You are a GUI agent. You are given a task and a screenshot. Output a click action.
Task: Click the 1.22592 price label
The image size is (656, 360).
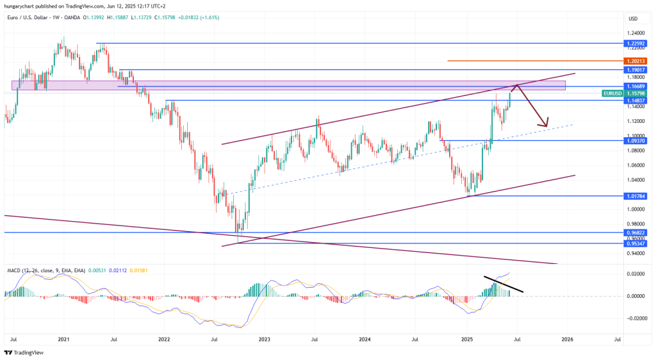pyautogui.click(x=637, y=43)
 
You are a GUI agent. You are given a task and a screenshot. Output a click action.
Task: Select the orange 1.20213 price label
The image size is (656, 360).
pyautogui.click(x=637, y=61)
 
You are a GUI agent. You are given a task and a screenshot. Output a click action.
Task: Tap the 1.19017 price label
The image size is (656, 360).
pyautogui.click(x=637, y=69)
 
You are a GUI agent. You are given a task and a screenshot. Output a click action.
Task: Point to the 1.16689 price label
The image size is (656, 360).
pyautogui.click(x=637, y=85)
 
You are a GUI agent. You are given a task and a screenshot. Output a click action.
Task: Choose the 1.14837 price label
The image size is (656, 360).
pyautogui.click(x=637, y=101)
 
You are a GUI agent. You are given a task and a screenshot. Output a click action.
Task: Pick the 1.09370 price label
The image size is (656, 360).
pyautogui.click(x=637, y=140)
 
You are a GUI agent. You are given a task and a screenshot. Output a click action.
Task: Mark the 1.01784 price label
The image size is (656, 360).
pyautogui.click(x=637, y=196)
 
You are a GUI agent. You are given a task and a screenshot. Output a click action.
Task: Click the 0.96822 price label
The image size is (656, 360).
pyautogui.click(x=637, y=233)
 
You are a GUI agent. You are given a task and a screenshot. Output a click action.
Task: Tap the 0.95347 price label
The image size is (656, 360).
pyautogui.click(x=637, y=243)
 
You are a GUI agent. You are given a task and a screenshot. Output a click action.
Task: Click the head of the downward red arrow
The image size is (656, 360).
pyautogui.click(x=546, y=124)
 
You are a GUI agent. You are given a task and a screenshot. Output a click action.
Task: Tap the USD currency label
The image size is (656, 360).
pyautogui.click(x=634, y=18)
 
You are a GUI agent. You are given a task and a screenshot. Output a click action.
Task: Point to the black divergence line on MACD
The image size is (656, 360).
pyautogui.click(x=504, y=284)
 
